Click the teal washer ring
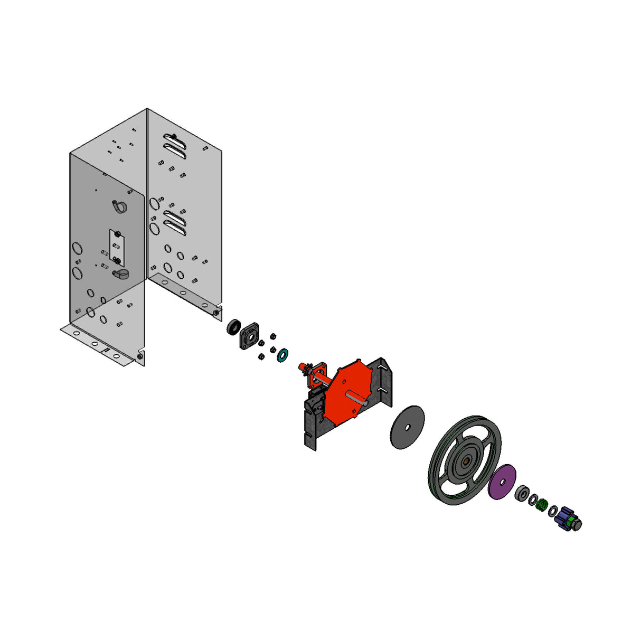[282, 355]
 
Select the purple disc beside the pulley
[502, 482]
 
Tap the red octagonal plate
[346, 391]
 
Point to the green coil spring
[541, 505]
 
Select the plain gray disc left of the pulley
[407, 427]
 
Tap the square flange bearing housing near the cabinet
[249, 336]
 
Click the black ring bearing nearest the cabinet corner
[234, 327]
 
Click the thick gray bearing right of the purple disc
[522, 494]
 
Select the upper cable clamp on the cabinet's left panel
[119, 206]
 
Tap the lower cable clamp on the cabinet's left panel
[121, 274]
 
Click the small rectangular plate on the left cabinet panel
[116, 247]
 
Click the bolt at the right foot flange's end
[216, 313]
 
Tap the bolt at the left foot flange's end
[140, 357]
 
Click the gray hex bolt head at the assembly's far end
[577, 525]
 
